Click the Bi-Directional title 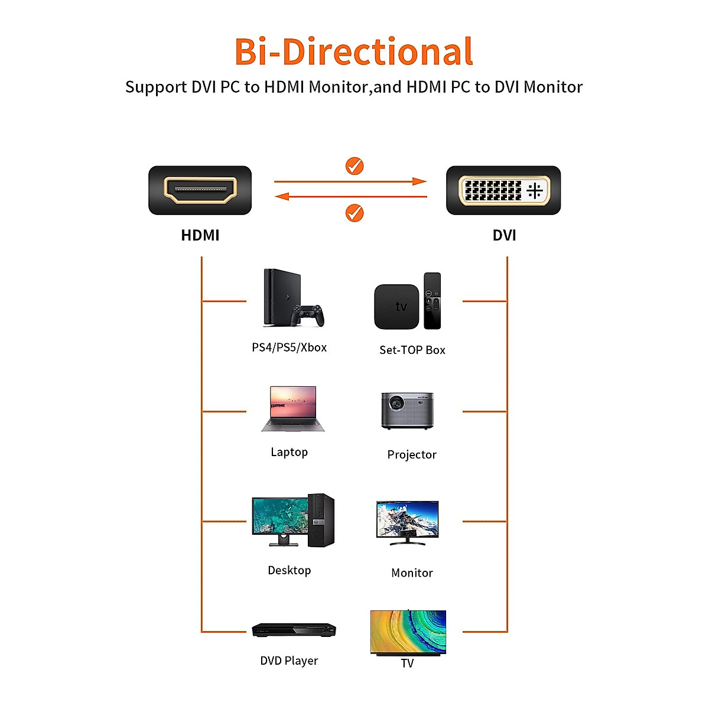pos(354,52)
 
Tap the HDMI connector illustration pos(200,190)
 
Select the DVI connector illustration pos(503,190)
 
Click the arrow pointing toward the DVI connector pos(350,181)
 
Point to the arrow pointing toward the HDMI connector pos(350,197)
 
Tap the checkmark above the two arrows pos(354,166)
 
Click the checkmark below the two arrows pos(354,213)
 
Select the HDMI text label pos(200,235)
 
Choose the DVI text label pos(504,235)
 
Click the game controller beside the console pos(310,315)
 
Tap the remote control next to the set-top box pos(432,301)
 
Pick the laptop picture pos(293,409)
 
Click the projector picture pos(407,410)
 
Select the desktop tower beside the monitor pos(321,520)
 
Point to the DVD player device pos(294,630)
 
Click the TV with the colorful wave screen pos(408,633)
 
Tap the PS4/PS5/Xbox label pos(289,347)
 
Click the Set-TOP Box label pos(412,350)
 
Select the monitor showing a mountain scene pos(407,521)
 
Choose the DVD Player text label pos(289,661)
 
